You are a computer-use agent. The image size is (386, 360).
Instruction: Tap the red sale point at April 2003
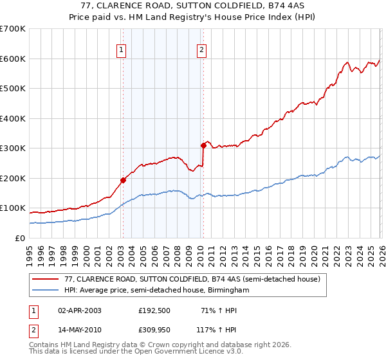pyautogui.click(x=123, y=180)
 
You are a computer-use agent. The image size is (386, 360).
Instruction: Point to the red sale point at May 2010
pyautogui.click(x=203, y=145)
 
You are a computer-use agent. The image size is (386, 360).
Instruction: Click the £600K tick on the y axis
pyautogui.click(x=13, y=59)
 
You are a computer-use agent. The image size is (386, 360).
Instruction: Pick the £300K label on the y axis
pyautogui.click(x=13, y=148)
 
